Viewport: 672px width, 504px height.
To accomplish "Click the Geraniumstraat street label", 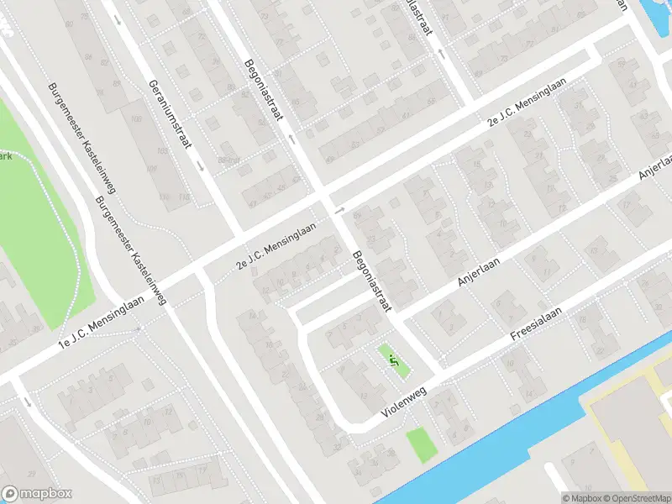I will (168, 114).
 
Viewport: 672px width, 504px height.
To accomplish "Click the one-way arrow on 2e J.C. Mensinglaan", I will (339, 209).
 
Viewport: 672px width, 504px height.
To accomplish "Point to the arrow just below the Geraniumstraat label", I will (201, 165).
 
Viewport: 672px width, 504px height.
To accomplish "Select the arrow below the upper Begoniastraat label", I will (291, 139).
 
